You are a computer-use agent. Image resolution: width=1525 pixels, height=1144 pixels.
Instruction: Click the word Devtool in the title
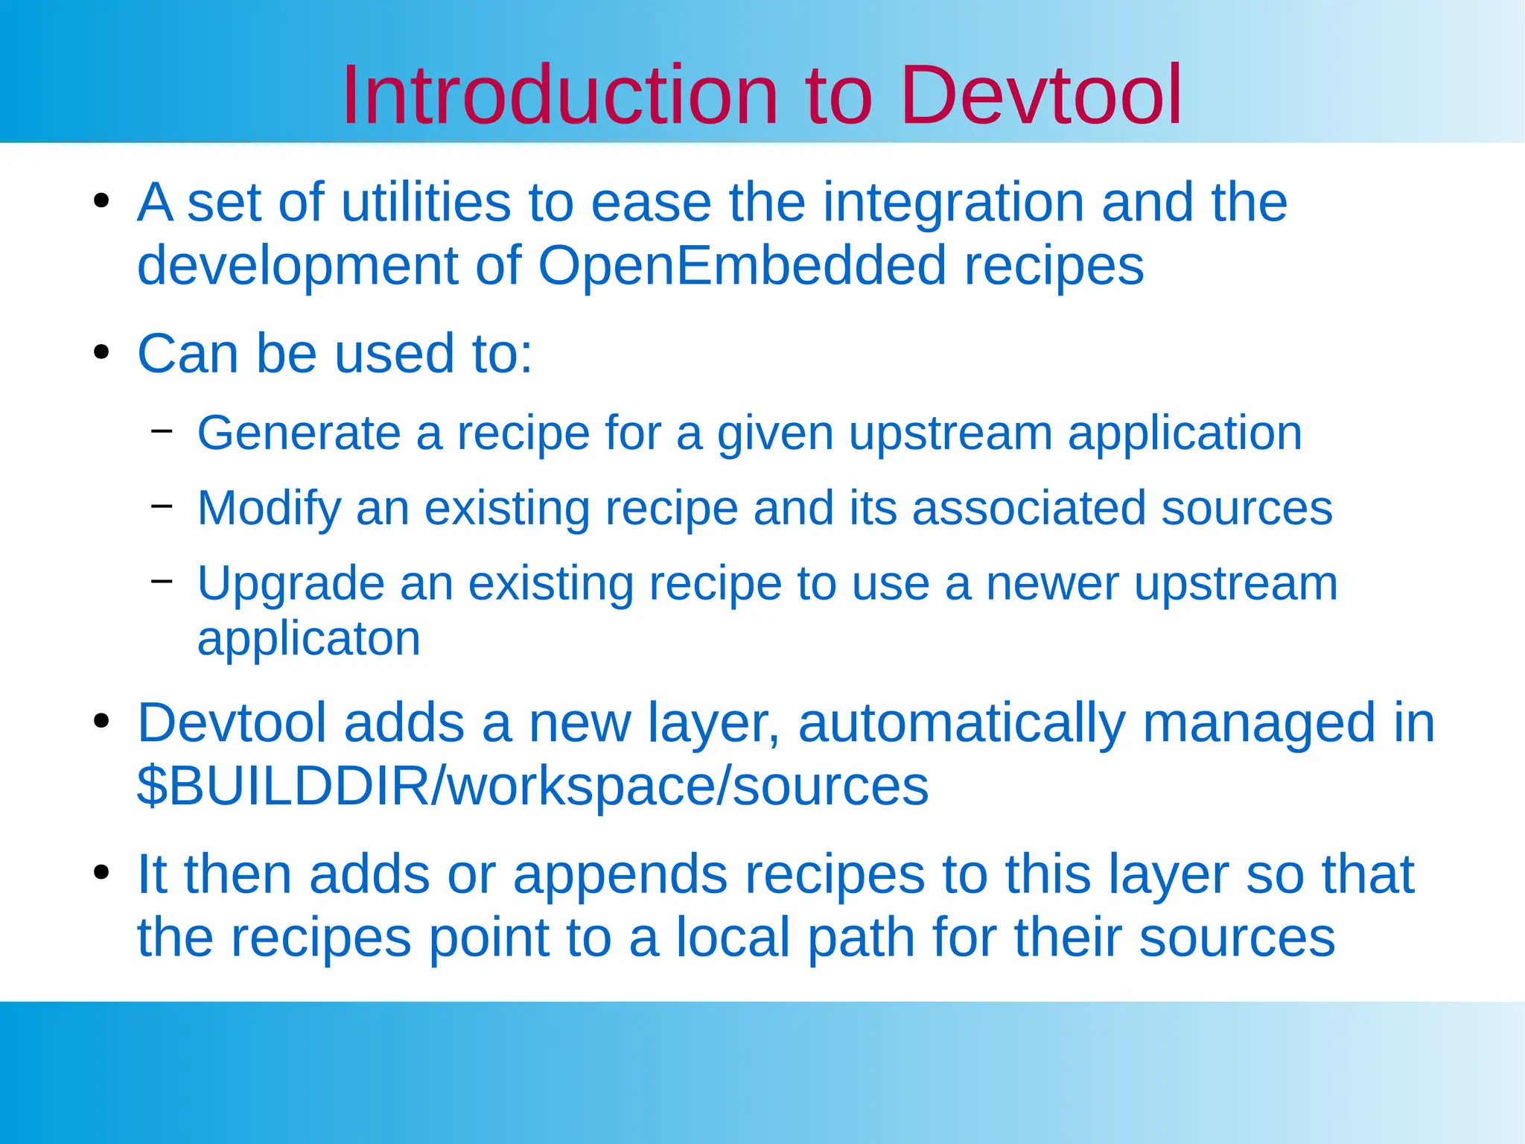click(x=1040, y=95)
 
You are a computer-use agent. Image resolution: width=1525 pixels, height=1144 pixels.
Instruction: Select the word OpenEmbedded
click(x=741, y=265)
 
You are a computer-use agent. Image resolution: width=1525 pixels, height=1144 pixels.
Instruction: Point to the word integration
click(x=953, y=203)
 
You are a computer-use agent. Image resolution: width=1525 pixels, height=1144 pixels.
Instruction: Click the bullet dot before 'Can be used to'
click(x=102, y=352)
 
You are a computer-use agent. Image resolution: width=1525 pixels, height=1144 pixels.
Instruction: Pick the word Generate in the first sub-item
click(x=299, y=433)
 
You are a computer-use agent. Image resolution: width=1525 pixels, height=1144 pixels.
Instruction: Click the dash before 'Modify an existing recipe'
click(x=162, y=506)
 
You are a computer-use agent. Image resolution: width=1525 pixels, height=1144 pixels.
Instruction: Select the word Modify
click(x=269, y=509)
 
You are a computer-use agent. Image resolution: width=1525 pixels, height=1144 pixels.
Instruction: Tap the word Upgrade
click(x=290, y=584)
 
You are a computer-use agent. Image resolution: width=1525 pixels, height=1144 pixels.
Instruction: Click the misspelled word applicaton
click(x=309, y=638)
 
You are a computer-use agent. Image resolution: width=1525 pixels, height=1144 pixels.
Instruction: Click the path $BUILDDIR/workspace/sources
click(x=532, y=786)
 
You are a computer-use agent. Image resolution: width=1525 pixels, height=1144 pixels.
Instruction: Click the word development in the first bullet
click(x=298, y=265)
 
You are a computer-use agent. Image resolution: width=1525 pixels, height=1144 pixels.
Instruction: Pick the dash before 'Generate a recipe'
click(x=162, y=430)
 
